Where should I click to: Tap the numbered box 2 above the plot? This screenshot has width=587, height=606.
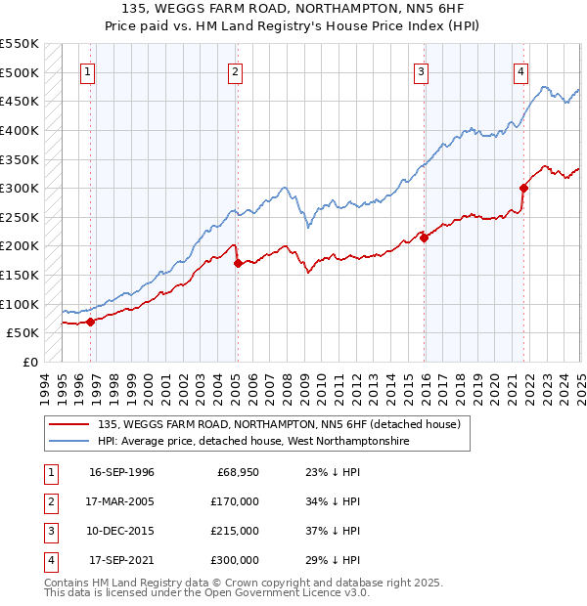(236, 71)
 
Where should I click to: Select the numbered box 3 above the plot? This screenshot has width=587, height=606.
(421, 71)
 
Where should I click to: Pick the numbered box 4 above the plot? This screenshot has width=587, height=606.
(520, 71)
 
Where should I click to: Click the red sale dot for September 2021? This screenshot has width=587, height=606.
(524, 188)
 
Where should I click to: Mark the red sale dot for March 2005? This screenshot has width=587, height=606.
(238, 263)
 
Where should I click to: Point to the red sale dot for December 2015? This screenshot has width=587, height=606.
(425, 237)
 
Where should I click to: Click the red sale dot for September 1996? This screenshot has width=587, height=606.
(91, 321)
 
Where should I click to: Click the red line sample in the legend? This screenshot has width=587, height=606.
(70, 424)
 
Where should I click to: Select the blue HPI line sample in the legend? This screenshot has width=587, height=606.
(70, 441)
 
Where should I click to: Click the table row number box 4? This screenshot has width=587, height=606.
(48, 560)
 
